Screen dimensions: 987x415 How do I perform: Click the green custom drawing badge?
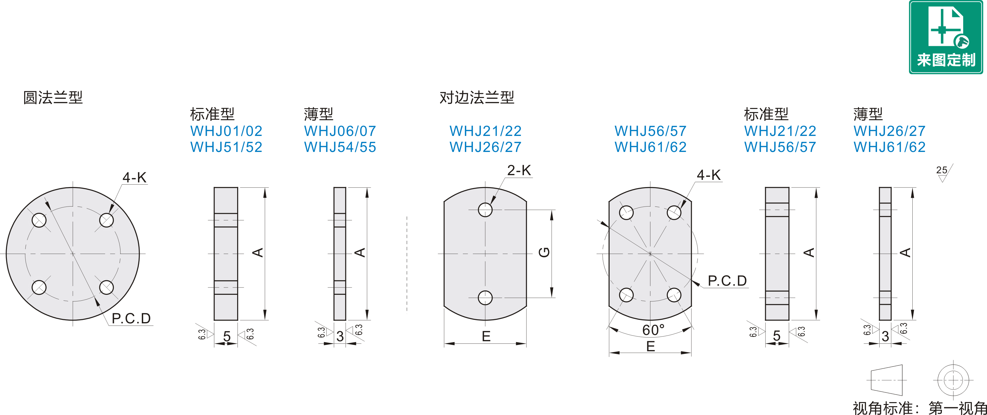pos(946,37)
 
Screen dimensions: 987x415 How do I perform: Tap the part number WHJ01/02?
pos(226,131)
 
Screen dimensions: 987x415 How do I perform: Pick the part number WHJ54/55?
pos(340,147)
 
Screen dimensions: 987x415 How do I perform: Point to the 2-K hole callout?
pos(519,170)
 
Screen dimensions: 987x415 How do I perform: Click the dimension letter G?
pos(544,252)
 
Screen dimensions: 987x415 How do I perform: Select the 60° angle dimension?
pos(653,330)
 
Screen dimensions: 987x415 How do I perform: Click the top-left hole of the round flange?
pos(39,220)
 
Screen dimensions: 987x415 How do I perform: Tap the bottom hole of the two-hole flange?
pos(485,298)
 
